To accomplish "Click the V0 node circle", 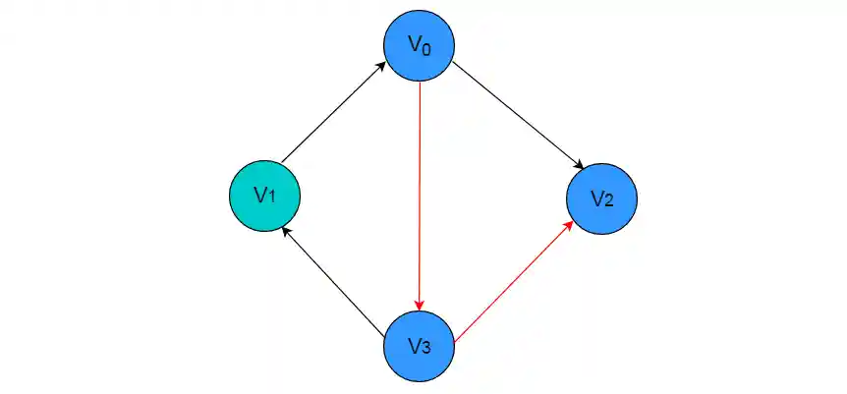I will [420, 46].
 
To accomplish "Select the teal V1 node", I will [263, 196].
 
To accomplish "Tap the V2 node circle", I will [601, 198].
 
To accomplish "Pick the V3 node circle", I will [420, 345].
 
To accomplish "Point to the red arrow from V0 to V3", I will [420, 197].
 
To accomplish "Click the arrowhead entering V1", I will [285, 230].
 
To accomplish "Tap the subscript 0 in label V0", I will [426, 49].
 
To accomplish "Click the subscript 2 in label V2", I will [609, 201].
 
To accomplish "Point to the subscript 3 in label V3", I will [427, 348].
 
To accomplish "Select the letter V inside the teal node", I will [259, 195].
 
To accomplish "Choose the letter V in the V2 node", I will [596, 197].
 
